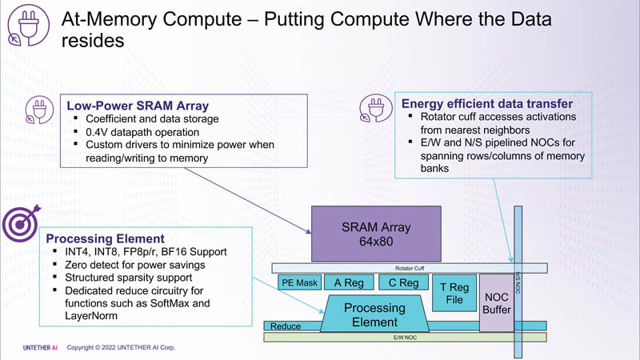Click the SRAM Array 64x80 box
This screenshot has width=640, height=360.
[375, 234]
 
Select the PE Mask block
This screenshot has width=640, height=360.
[300, 282]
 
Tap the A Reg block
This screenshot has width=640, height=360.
[349, 282]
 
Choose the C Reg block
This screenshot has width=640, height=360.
[403, 282]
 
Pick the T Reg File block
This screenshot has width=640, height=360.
[454, 293]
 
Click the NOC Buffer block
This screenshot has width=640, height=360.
[496, 303]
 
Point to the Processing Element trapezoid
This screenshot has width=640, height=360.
[374, 314]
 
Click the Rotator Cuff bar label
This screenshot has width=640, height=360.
[410, 269]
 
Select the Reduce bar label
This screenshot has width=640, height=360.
[286, 326]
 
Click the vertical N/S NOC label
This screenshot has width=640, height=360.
[518, 281]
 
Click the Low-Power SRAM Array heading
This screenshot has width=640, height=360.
[138, 106]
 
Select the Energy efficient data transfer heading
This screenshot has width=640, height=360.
[486, 103]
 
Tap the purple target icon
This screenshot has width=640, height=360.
[21, 225]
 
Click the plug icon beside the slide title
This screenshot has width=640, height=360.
[28, 28]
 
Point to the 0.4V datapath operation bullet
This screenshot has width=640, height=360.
[142, 131]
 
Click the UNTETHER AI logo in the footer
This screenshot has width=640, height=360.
[40, 348]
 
